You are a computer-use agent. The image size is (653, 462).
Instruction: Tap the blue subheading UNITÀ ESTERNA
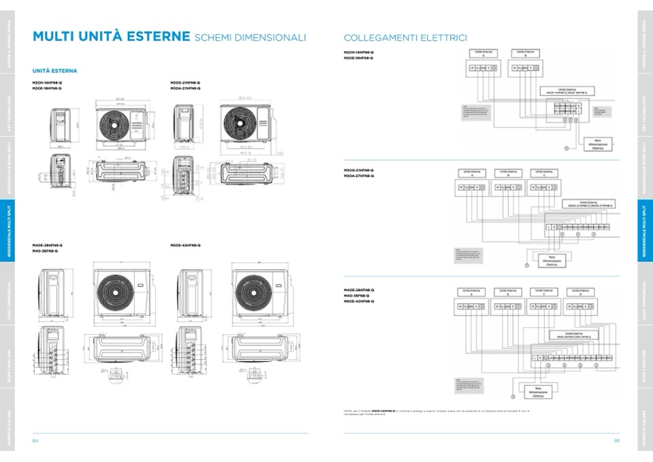(x=54, y=71)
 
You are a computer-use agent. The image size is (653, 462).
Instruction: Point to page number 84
(x=35, y=440)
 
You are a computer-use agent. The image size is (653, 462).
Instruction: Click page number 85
(x=617, y=440)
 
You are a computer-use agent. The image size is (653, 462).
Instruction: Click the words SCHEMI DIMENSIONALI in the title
(x=250, y=37)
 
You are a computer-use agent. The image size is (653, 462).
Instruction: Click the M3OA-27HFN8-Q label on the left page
(x=185, y=88)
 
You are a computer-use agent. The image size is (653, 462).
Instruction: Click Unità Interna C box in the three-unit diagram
(x=543, y=174)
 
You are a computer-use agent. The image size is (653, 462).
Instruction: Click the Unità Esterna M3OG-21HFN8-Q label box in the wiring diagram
(x=587, y=204)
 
